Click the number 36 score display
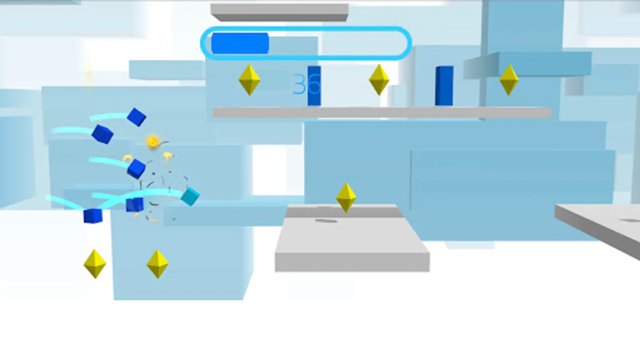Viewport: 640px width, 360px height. [x=306, y=84]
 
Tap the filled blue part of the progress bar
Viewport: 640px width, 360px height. [x=240, y=43]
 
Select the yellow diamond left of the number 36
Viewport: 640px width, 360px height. [x=249, y=80]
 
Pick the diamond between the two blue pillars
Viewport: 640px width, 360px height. [x=379, y=80]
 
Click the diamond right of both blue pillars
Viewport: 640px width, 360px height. [x=509, y=80]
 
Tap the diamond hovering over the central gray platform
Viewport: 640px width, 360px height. [x=346, y=197]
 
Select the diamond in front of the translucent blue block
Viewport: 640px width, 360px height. [x=158, y=264]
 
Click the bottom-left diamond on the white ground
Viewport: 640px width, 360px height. [x=95, y=264]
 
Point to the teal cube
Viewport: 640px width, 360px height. [x=190, y=196]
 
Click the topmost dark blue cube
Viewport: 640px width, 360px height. [x=136, y=117]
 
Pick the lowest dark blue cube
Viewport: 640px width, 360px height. [x=93, y=216]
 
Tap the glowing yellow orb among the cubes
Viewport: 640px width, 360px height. [x=152, y=141]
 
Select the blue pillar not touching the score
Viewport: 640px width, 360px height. [x=444, y=86]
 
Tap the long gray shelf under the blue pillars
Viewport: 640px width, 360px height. [x=382, y=112]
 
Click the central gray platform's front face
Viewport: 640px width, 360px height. [x=352, y=262]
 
